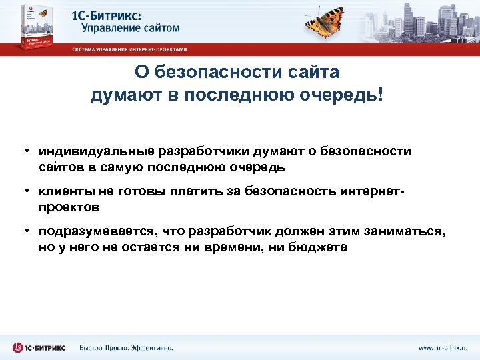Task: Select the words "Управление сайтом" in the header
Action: coord(131,28)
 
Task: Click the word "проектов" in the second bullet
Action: coord(69,207)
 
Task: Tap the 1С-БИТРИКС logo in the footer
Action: coord(39,347)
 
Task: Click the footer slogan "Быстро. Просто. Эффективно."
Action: coord(126,347)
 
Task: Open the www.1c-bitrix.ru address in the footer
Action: coord(443,347)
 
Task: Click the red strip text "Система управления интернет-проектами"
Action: coord(129,49)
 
